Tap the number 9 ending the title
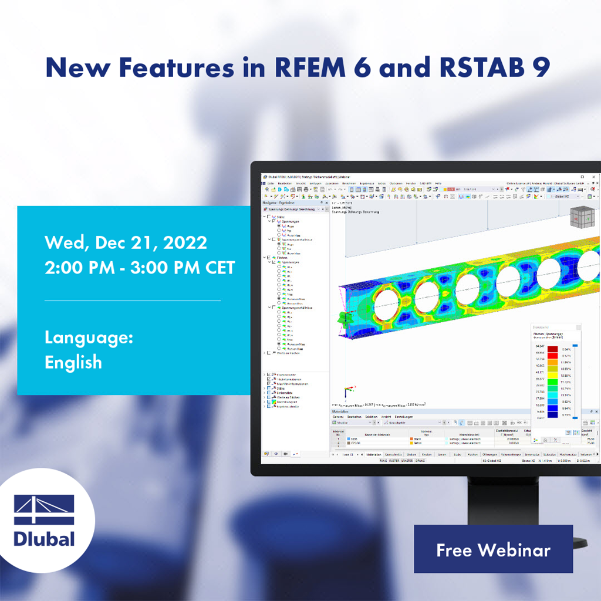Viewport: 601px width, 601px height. coord(541,67)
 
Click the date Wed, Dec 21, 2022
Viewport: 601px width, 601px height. coord(126,242)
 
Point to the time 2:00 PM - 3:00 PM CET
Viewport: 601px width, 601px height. coord(140,268)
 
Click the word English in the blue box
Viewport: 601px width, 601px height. coord(73,362)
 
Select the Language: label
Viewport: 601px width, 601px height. coord(89,337)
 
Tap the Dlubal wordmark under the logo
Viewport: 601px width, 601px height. coord(44,538)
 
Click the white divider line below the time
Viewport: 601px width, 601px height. coord(133,300)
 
